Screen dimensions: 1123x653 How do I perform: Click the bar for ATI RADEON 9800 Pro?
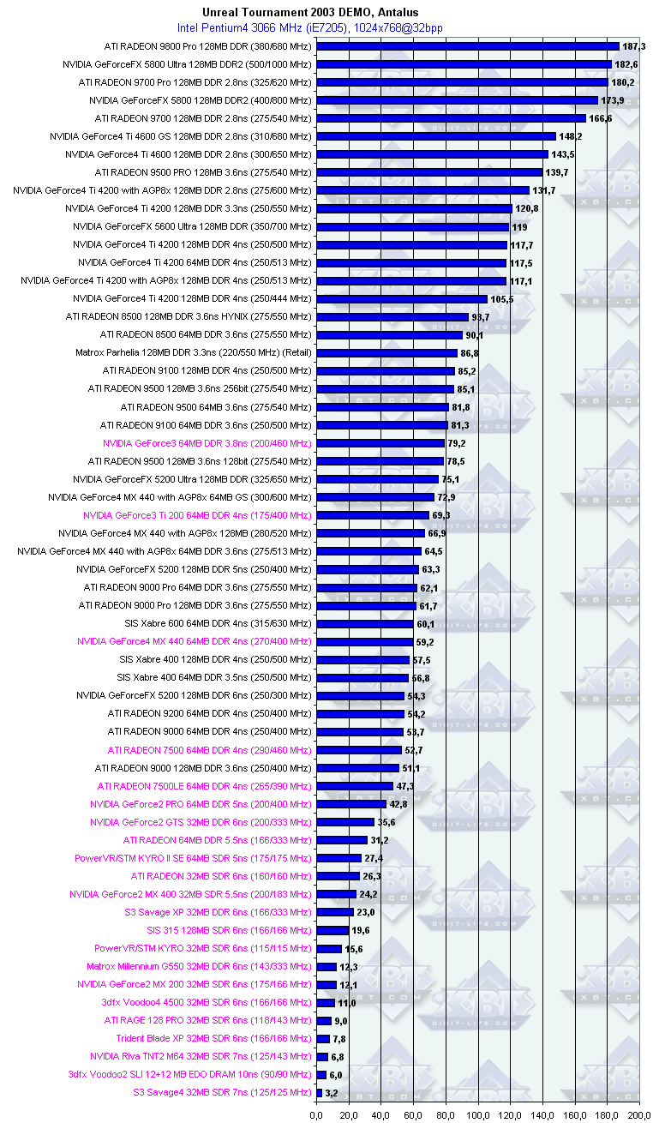467,46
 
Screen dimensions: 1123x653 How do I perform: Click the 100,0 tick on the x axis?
477,1115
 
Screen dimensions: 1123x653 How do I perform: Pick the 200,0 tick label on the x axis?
638,1115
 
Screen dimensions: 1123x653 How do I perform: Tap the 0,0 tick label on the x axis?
316,1115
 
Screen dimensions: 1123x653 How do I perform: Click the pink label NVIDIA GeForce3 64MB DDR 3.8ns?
207,443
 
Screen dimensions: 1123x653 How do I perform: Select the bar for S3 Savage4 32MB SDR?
319,1093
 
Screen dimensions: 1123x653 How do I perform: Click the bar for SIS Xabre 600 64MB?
364,624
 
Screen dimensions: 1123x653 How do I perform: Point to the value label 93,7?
481,317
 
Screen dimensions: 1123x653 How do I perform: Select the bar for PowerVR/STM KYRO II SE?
338,858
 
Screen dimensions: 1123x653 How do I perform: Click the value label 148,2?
571,136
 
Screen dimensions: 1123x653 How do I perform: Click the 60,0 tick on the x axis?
413,1115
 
